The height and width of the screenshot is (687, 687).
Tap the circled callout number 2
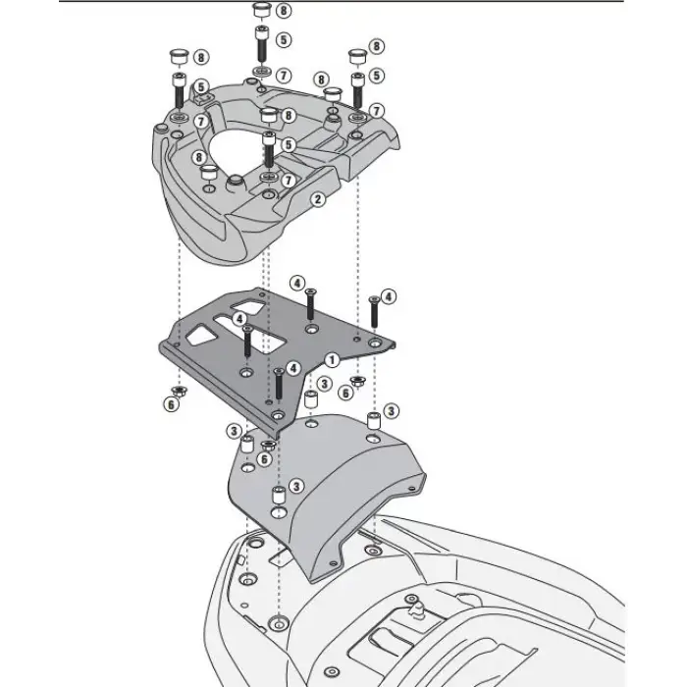[x=317, y=199]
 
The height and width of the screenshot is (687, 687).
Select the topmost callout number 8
[x=283, y=11]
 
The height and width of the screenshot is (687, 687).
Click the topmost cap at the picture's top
[x=262, y=12]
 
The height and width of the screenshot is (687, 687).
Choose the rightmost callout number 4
[x=389, y=295]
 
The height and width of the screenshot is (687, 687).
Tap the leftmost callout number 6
[x=173, y=404]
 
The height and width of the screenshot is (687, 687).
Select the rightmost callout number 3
[x=391, y=410]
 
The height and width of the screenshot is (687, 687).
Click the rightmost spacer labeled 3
[x=373, y=422]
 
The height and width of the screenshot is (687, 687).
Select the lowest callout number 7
[x=288, y=182]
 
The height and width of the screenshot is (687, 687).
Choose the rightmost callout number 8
[x=377, y=46]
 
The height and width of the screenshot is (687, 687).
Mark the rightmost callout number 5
[x=377, y=75]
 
